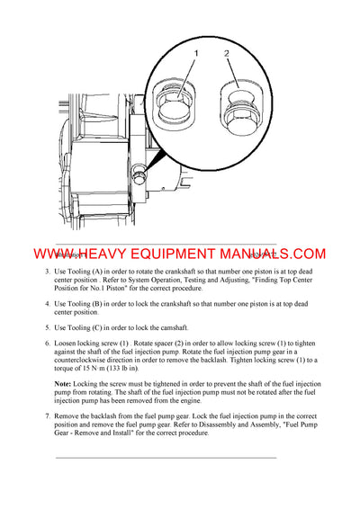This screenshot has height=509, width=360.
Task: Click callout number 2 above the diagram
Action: (228, 54)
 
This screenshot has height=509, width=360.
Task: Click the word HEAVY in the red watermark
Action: (111, 254)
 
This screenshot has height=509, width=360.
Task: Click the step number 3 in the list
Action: (47, 272)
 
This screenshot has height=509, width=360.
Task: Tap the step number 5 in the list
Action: (47, 327)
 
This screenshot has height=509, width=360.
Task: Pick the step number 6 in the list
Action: (47, 344)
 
